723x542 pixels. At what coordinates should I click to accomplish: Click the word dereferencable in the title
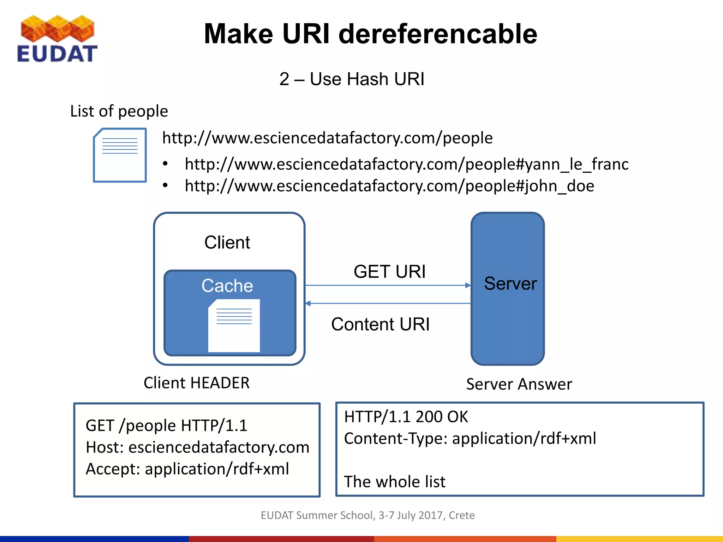[x=438, y=34]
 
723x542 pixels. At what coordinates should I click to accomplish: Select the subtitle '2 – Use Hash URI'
[x=352, y=79]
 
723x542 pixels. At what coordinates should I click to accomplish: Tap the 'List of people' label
[x=119, y=111]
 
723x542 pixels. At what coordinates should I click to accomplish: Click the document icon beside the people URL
[x=120, y=155]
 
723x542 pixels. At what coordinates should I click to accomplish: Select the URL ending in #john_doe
[x=389, y=186]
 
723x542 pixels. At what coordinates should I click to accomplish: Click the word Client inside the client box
[x=227, y=242]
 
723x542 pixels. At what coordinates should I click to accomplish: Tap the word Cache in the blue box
[x=227, y=285]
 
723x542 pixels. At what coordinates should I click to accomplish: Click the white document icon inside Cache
[x=234, y=325]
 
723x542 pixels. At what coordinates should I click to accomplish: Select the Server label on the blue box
[x=510, y=283]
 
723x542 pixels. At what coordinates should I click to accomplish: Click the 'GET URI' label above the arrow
[x=389, y=272]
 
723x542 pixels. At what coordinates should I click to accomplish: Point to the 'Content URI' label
[x=380, y=324]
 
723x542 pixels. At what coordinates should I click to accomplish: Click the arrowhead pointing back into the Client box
[x=308, y=303]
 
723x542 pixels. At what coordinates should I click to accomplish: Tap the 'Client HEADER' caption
[x=196, y=383]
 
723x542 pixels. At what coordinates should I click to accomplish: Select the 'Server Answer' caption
[x=519, y=384]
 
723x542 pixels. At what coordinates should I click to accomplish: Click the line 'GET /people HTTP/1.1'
[x=166, y=426]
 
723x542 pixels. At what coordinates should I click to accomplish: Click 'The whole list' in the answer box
[x=395, y=482]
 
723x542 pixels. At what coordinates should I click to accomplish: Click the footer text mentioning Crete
[x=368, y=515]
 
